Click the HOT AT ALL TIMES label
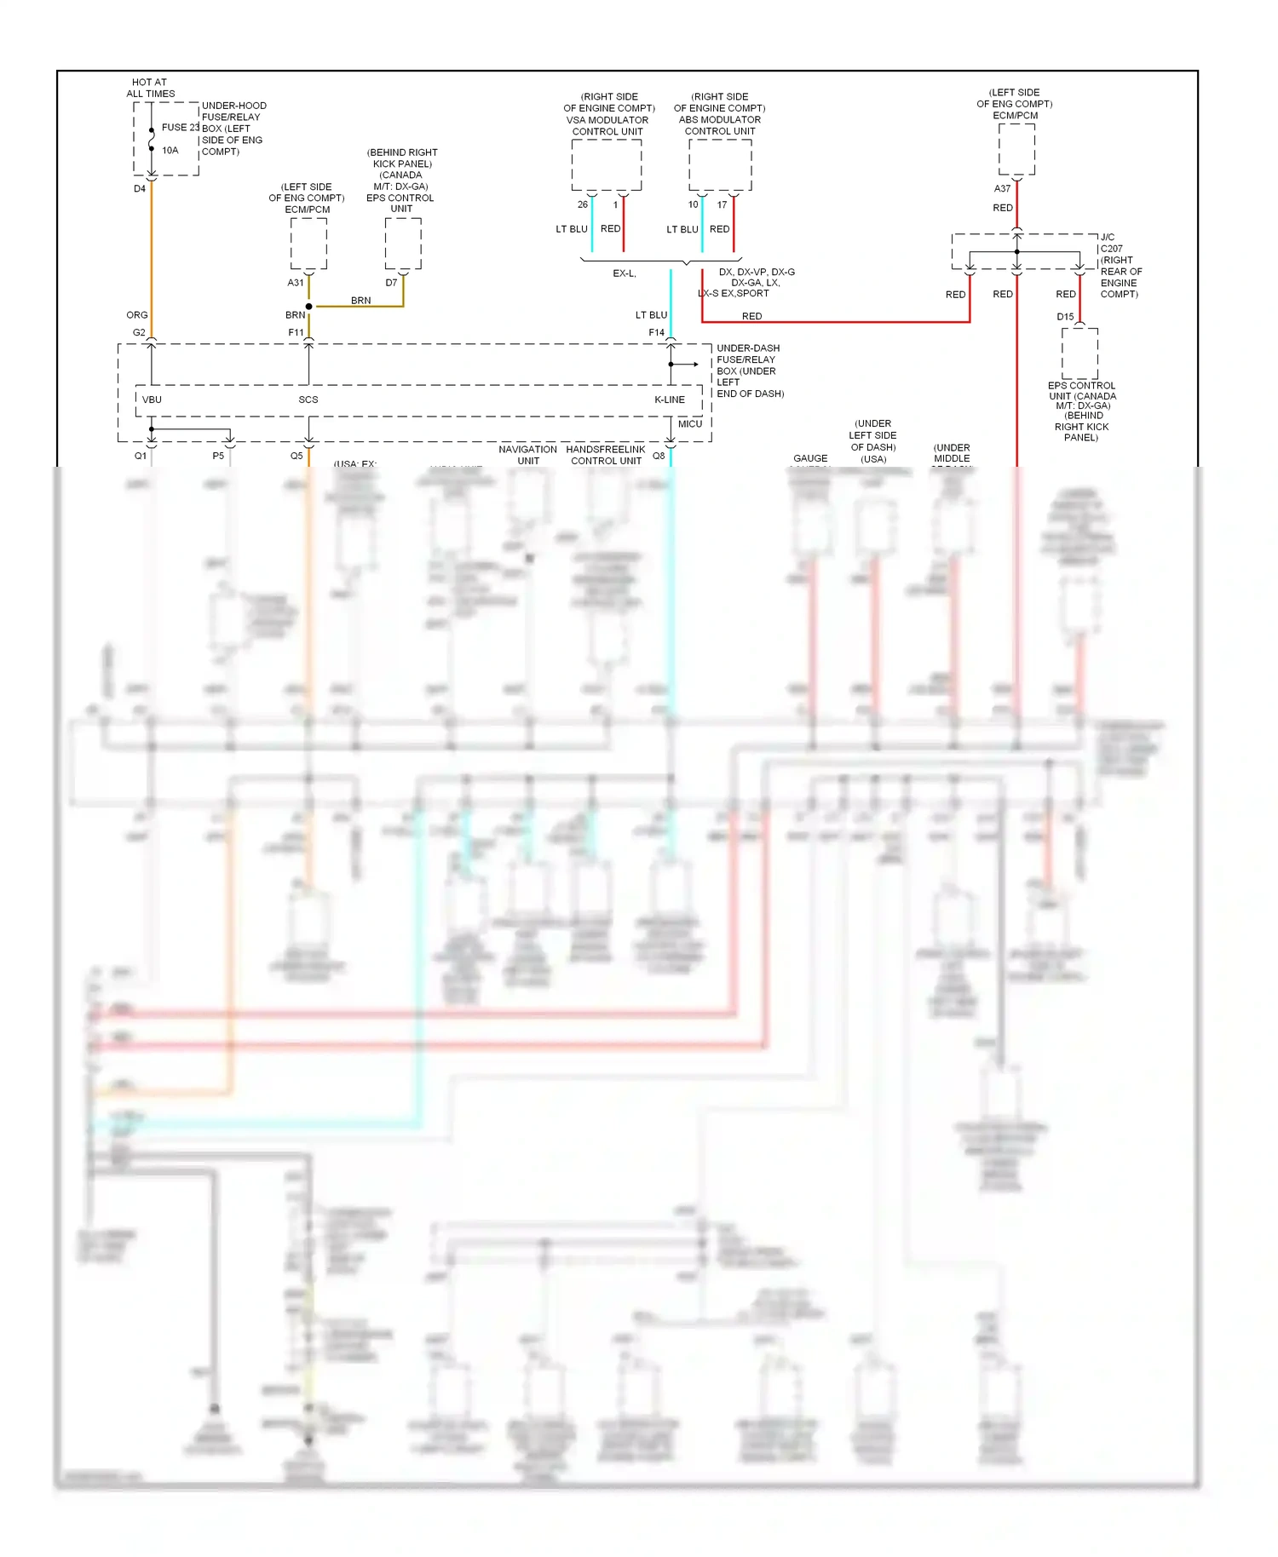point(151,88)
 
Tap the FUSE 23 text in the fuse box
point(180,128)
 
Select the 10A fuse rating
point(170,151)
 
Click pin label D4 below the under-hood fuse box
point(140,189)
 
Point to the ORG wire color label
point(137,315)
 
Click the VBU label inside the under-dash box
point(152,399)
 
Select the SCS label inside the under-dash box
point(308,399)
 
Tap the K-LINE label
point(670,399)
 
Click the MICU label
point(690,424)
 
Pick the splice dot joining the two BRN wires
point(308,307)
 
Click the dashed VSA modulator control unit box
point(607,164)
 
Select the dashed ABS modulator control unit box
point(720,164)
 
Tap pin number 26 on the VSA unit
point(583,204)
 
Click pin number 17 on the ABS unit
point(722,204)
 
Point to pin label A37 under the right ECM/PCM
point(1002,189)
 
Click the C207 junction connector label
point(1111,249)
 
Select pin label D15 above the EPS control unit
point(1065,317)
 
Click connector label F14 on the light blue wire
point(656,333)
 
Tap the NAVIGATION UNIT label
point(527,455)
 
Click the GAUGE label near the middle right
point(810,458)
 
